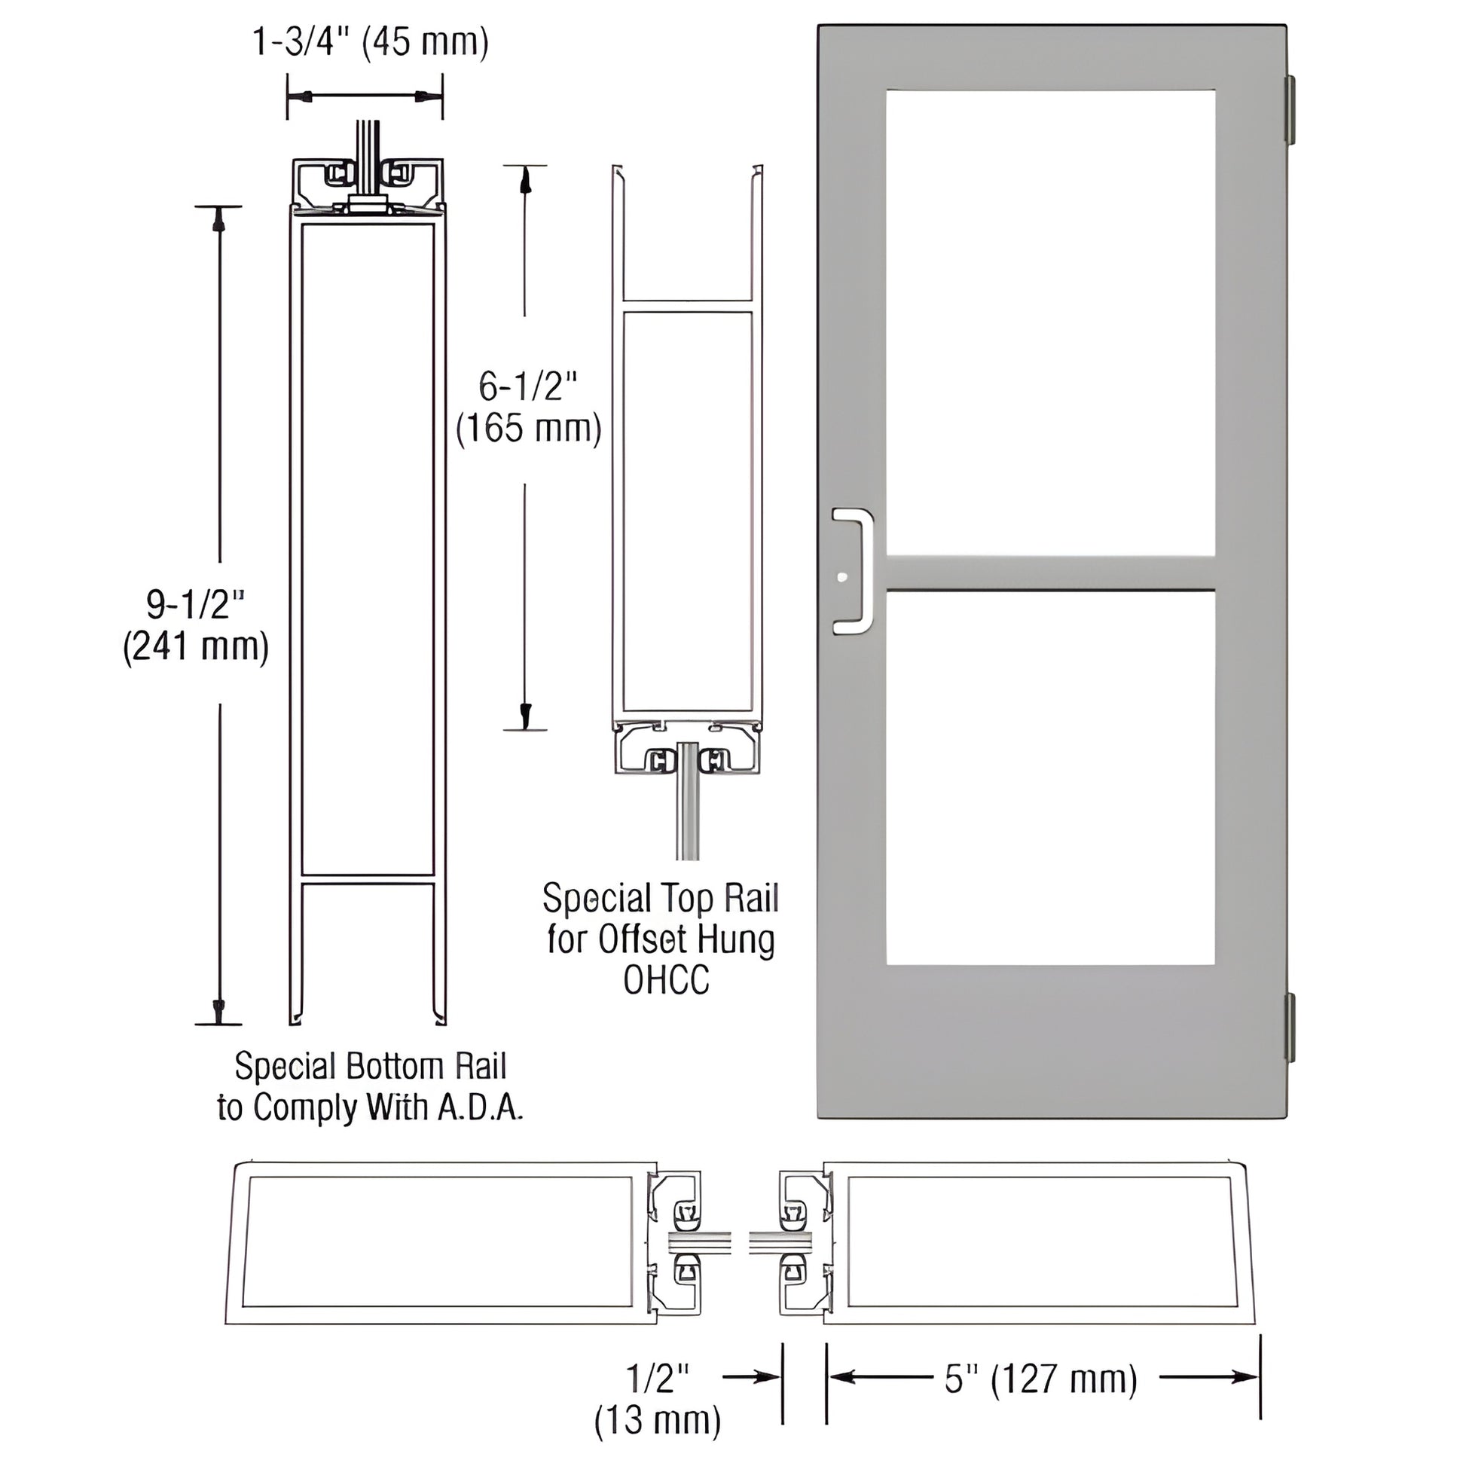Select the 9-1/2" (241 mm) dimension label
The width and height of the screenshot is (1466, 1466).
click(196, 626)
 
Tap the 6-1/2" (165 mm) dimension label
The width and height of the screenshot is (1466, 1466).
click(528, 408)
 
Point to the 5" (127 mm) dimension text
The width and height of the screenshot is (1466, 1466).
click(1040, 1379)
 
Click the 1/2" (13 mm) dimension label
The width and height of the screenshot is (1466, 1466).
click(657, 1397)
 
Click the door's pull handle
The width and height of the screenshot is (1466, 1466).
click(855, 570)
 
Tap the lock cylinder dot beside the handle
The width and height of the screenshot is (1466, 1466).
click(841, 578)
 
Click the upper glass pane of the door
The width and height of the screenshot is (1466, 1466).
click(1050, 322)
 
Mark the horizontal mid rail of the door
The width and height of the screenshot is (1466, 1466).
click(1050, 572)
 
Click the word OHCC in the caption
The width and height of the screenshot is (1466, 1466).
click(665, 979)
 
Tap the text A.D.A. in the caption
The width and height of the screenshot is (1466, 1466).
click(481, 1108)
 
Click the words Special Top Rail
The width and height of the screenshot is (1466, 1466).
click(660, 899)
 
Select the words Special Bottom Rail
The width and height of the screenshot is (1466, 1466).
click(370, 1066)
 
